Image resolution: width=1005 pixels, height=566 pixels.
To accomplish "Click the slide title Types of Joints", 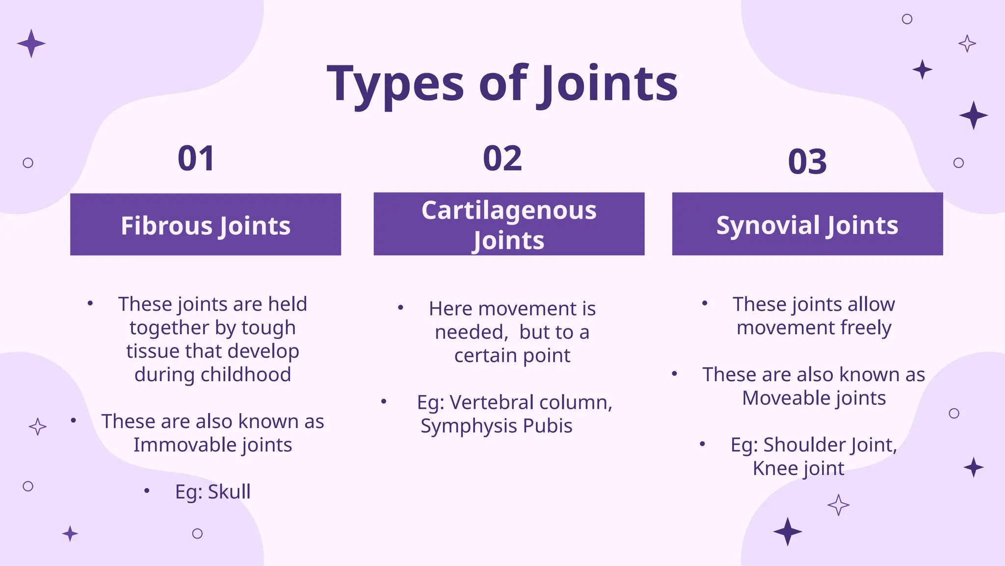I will click(x=502, y=84).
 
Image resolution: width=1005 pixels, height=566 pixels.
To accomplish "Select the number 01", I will click(x=196, y=159).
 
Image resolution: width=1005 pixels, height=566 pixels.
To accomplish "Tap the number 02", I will click(x=502, y=159).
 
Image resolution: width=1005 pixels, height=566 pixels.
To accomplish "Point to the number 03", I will click(x=807, y=162).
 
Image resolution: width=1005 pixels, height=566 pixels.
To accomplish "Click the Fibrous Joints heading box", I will click(x=206, y=225).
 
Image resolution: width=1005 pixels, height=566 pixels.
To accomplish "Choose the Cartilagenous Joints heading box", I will click(x=509, y=224).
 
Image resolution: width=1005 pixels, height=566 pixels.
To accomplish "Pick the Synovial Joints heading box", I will click(x=807, y=225).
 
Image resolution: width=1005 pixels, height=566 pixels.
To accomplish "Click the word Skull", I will click(x=229, y=492).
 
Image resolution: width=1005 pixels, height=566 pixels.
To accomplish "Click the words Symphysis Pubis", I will click(x=496, y=426).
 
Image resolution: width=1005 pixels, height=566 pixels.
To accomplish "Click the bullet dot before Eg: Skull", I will click(x=147, y=490).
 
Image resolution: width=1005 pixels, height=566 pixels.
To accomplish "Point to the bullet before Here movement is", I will click(x=400, y=308).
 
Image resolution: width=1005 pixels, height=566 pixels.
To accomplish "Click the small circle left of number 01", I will click(x=28, y=163).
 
